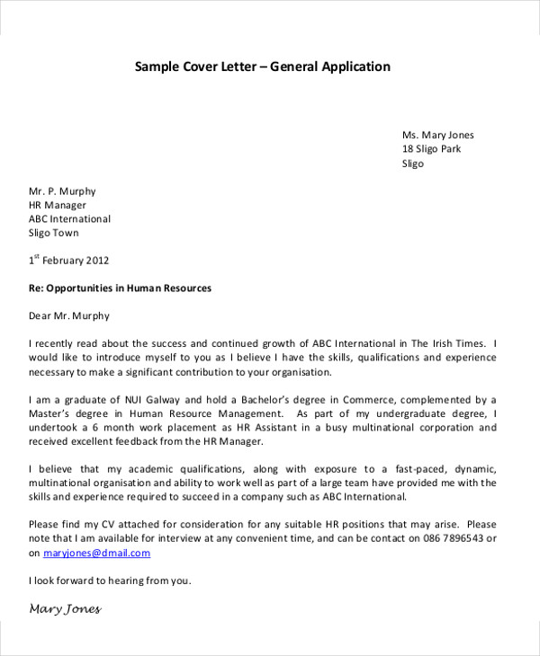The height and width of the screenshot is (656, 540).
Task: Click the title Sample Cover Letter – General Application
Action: [263, 66]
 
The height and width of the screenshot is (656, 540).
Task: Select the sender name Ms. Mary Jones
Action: [437, 135]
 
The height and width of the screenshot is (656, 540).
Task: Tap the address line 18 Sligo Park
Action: [431, 149]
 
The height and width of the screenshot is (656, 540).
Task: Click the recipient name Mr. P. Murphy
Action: [62, 191]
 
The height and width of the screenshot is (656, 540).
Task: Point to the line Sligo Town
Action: [54, 233]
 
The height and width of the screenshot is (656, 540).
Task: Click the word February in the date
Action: [61, 261]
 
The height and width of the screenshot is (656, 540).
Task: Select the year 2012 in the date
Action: [97, 261]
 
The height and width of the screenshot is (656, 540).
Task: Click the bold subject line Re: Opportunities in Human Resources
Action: [120, 288]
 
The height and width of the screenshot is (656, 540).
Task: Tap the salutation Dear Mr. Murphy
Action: [69, 316]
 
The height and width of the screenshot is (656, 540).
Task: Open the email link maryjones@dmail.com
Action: [89, 553]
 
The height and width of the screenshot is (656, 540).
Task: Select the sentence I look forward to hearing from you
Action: [110, 581]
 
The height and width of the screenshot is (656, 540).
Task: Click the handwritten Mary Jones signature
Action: [65, 609]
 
